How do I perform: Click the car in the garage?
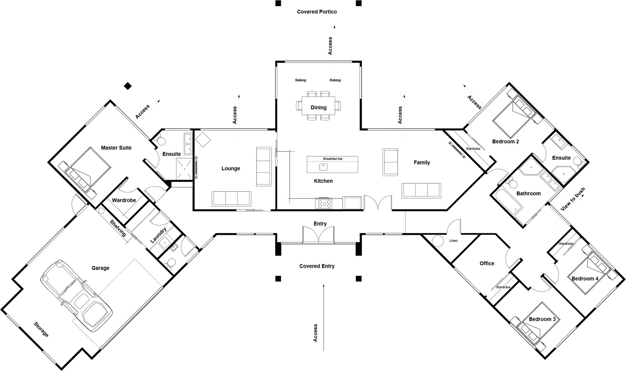77,296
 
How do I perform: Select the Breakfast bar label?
333,159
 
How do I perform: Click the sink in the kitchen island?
323,167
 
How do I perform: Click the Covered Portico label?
317,12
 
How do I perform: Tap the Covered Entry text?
317,266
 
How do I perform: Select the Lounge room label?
231,168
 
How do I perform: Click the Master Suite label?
116,148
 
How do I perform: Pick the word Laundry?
158,235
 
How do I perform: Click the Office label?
487,264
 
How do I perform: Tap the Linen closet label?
453,241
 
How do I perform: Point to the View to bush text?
572,199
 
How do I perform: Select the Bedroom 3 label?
542,319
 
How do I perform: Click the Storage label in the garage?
41,329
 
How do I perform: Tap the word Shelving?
118,228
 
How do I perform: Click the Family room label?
422,162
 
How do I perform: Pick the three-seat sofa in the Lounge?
232,198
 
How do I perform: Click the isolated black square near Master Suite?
128,86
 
